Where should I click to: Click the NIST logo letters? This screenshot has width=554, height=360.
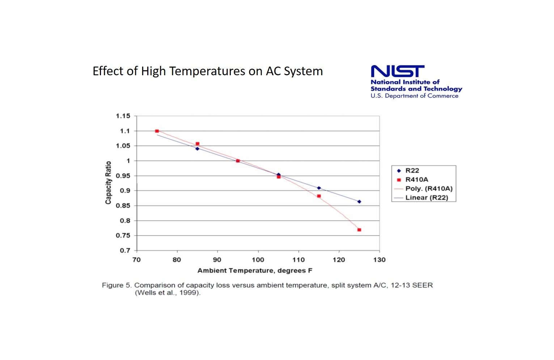pyautogui.click(x=397, y=71)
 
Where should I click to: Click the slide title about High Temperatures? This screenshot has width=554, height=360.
pyautogui.click(x=208, y=71)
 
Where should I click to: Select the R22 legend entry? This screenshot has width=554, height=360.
pyautogui.click(x=412, y=171)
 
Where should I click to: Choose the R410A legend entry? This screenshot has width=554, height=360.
pyautogui.click(x=416, y=180)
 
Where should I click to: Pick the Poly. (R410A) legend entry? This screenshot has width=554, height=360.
pyautogui.click(x=428, y=189)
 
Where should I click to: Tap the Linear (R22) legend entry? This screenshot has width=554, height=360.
pyautogui.click(x=426, y=198)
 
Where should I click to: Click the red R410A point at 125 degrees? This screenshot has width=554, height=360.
pyautogui.click(x=359, y=230)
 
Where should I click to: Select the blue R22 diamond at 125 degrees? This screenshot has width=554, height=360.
pyautogui.click(x=359, y=202)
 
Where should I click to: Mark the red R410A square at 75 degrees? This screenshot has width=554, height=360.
pyautogui.click(x=157, y=131)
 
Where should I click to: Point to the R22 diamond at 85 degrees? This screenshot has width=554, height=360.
pyautogui.click(x=197, y=149)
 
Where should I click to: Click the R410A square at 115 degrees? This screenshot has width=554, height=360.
pyautogui.click(x=319, y=196)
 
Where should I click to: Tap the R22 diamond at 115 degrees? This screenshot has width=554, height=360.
pyautogui.click(x=319, y=188)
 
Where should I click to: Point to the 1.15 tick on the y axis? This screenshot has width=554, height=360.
pyautogui.click(x=123, y=116)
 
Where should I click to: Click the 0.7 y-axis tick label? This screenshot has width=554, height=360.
pyautogui.click(x=125, y=250)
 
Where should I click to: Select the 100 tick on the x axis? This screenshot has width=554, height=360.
pyautogui.click(x=258, y=260)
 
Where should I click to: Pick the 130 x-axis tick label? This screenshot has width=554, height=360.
pyautogui.click(x=379, y=260)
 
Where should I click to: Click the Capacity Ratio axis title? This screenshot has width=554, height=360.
pyautogui.click(x=108, y=183)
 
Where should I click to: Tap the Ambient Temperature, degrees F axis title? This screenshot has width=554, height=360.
pyautogui.click(x=255, y=271)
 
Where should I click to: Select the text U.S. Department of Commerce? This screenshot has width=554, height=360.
pyautogui.click(x=414, y=96)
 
